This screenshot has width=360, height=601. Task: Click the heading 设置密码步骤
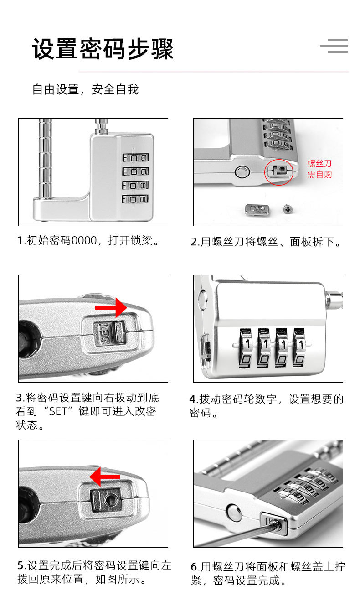[103, 49]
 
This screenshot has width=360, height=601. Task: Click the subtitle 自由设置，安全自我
[85, 89]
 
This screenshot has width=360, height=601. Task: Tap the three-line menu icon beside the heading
[334, 46]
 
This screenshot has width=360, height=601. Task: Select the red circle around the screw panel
[278, 171]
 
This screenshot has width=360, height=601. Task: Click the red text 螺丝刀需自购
[319, 169]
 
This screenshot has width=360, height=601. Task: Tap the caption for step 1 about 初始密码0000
[89, 240]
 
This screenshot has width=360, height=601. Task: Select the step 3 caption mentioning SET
[87, 411]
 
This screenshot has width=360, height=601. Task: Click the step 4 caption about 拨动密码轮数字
[266, 405]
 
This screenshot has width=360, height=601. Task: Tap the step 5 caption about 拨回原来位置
[94, 573]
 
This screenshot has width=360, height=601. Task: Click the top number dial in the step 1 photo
[135, 158]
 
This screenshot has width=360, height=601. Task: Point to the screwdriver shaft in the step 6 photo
[237, 537]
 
